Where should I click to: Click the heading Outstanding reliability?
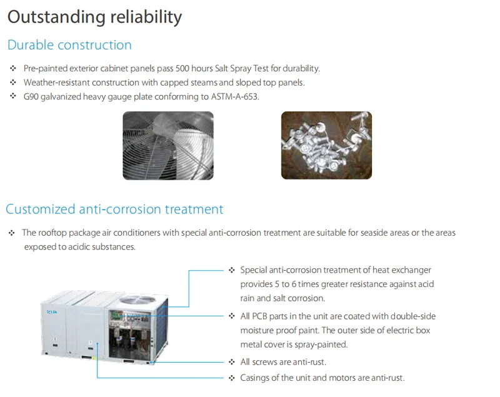pyautogui.click(x=95, y=18)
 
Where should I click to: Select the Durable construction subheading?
pyautogui.click(x=69, y=45)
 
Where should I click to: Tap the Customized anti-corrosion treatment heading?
pyautogui.click(x=114, y=209)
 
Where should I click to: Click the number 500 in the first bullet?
pyautogui.click(x=182, y=69)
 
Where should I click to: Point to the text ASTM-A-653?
pyautogui.click(x=235, y=97)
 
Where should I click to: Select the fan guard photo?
pyautogui.click(x=168, y=146)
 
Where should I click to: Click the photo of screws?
pyautogui.click(x=326, y=145)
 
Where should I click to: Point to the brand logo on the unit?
pyautogui.click(x=52, y=312)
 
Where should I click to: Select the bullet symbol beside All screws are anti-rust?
pyautogui.click(x=232, y=362)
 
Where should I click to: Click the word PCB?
pyautogui.click(x=259, y=316)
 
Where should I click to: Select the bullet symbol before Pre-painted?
pyautogui.click(x=13, y=68)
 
